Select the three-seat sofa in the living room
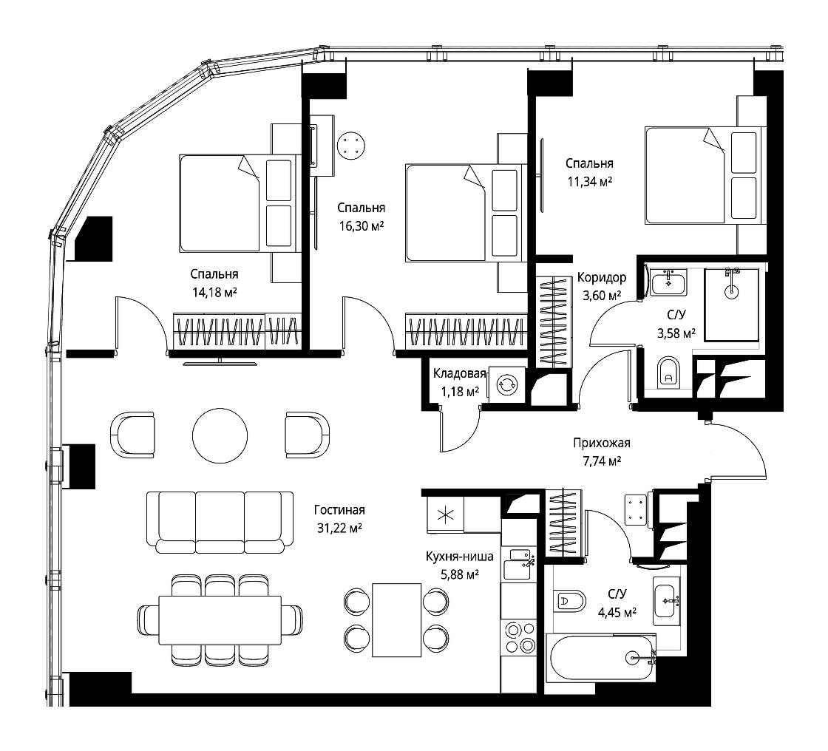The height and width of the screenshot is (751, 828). [220, 522]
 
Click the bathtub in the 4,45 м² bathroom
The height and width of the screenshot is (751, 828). [603, 658]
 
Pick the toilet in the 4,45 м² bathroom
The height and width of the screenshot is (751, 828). [570, 601]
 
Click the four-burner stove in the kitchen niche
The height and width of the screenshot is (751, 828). [519, 637]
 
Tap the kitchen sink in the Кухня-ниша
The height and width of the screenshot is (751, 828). [519, 564]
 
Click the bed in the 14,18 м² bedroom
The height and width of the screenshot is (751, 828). [240, 203]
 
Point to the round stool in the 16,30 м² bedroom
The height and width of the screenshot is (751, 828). [351, 145]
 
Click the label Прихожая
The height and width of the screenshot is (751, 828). [602, 443]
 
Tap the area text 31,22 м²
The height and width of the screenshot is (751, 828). [339, 528]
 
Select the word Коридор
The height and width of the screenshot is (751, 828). [602, 277]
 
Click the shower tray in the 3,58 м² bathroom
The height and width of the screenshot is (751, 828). [731, 305]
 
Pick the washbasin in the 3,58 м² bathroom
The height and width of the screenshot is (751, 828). [668, 282]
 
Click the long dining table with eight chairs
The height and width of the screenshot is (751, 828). [220, 620]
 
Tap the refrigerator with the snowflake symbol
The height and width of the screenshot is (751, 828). [445, 515]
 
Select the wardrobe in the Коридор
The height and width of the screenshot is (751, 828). [554, 321]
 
